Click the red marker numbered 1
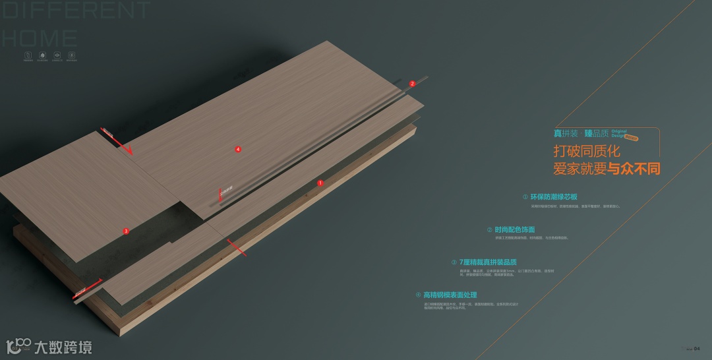tap(320, 183)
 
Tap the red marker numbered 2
tap(412, 84)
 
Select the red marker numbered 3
tap(126, 231)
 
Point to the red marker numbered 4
tap(238, 150)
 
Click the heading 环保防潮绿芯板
tap(554, 196)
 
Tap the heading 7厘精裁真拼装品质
tap(488, 262)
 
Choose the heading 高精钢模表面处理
tap(450, 295)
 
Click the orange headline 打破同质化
tap(587, 152)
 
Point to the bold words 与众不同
tap(634, 169)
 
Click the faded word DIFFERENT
tap(76, 11)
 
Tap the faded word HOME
tap(40, 37)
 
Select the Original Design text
tap(619, 133)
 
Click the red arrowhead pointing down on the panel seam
tap(129, 151)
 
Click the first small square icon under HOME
tap(28, 56)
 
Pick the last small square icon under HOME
tap(71, 56)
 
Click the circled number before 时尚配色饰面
tap(489, 229)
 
